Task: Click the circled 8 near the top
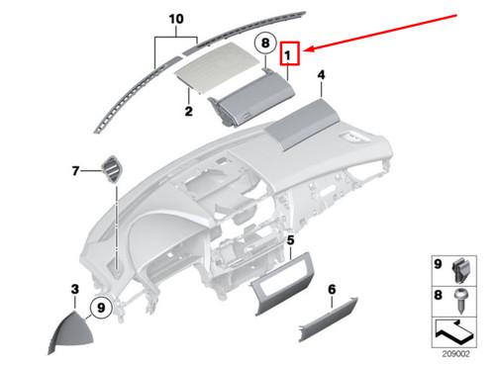click(264, 44)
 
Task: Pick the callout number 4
click(321, 75)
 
